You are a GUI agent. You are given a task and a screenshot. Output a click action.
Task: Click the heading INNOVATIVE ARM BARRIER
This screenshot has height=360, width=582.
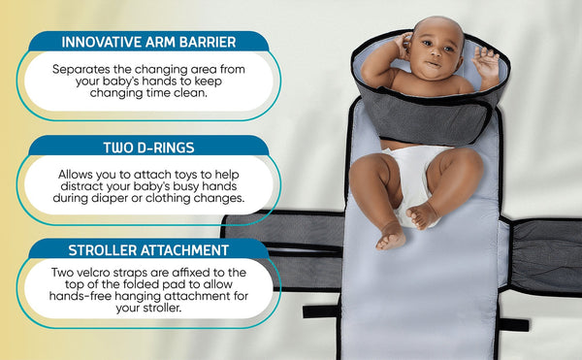point(148,43)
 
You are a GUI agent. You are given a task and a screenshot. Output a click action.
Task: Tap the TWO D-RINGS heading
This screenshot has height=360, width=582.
point(148,147)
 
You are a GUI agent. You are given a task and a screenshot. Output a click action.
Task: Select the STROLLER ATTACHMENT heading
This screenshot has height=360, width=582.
point(148,249)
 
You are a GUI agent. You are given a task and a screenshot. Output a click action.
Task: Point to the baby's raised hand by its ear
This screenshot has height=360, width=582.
point(401,43)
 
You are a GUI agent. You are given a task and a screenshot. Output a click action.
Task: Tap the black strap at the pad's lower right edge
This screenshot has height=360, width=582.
point(513,324)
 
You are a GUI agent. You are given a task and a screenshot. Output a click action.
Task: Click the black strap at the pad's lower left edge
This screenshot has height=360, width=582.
point(320,311)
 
